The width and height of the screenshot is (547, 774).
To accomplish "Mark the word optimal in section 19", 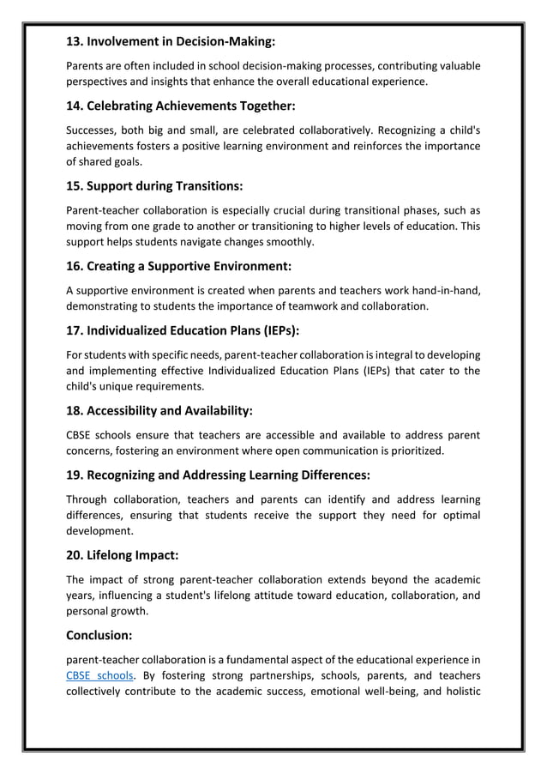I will click(x=457, y=514).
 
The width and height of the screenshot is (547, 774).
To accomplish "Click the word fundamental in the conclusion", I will click(x=248, y=659).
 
